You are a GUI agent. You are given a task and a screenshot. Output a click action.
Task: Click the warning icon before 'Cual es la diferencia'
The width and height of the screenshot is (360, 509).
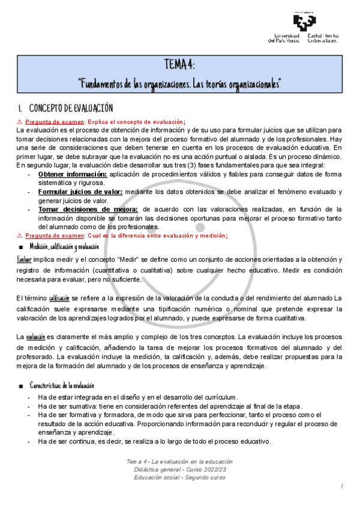click(19, 235)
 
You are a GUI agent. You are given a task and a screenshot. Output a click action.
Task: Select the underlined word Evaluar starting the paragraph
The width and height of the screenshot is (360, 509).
click(24, 259)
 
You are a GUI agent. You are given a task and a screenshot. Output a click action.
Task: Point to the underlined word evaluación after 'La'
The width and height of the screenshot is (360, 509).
click(35, 338)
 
